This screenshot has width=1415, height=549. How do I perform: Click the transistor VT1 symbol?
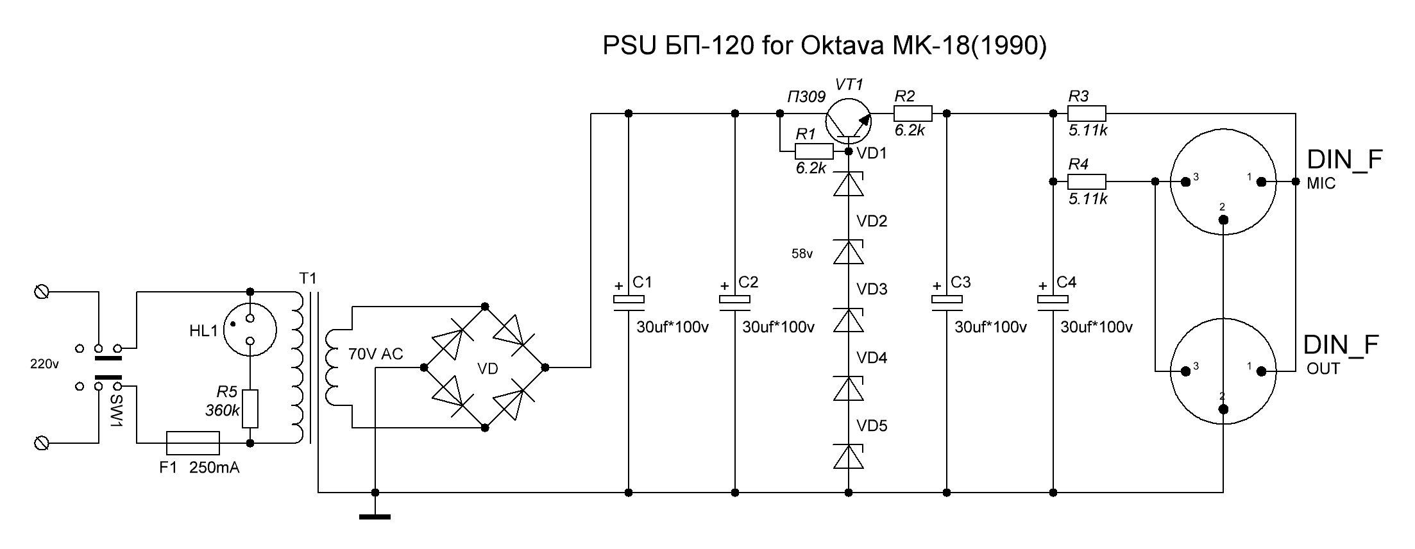[x=848, y=120]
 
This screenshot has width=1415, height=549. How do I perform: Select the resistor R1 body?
[x=814, y=151]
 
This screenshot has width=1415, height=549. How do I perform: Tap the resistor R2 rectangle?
[x=913, y=114]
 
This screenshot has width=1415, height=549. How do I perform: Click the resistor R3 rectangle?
[x=1087, y=114]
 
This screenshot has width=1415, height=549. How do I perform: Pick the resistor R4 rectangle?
[x=1087, y=182]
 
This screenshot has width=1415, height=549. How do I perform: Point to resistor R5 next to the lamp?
[x=250, y=409]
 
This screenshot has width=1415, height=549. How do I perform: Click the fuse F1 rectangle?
[x=193, y=443]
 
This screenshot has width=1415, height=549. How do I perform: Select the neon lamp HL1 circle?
[x=251, y=330]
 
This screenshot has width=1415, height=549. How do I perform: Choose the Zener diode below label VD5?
[x=849, y=457]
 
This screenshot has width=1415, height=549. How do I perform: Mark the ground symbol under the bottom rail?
[x=375, y=515]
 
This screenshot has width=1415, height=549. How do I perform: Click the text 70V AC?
[x=375, y=354]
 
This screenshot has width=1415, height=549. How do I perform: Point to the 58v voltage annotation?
[x=802, y=254]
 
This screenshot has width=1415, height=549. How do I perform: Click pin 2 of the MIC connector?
[x=1223, y=220]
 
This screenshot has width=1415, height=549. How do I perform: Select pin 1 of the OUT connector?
[x=1261, y=371]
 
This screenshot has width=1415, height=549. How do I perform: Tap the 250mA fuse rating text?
[x=214, y=468]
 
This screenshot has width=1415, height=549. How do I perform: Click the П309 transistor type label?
[x=806, y=97]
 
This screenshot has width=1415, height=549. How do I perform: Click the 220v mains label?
[x=44, y=364]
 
